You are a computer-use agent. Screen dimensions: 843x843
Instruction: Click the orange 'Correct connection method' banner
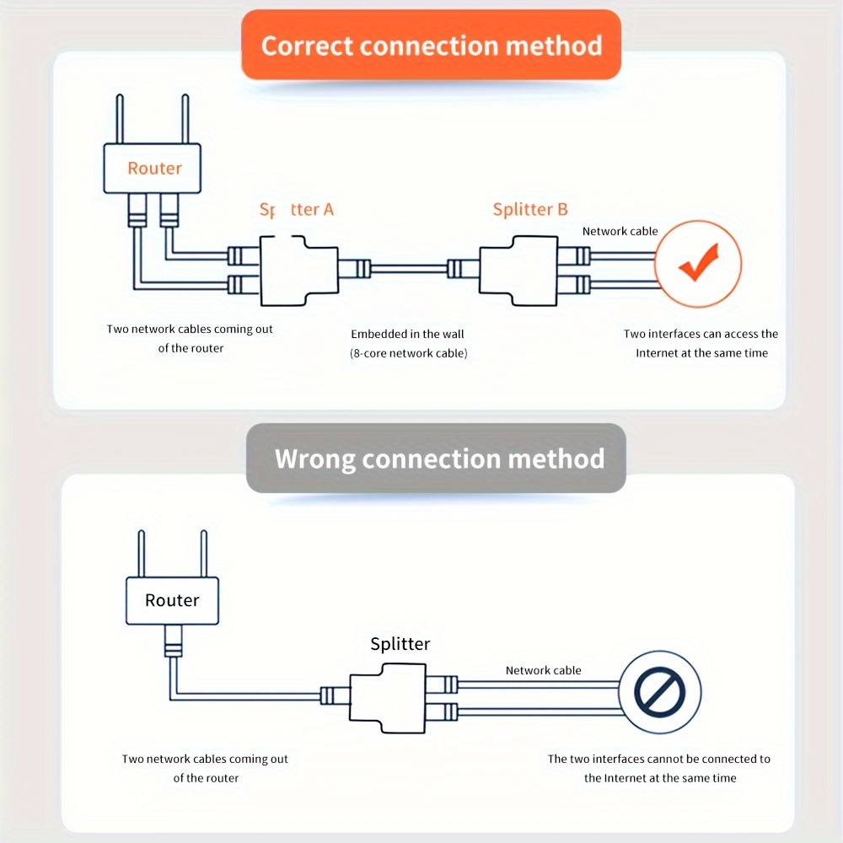(432, 46)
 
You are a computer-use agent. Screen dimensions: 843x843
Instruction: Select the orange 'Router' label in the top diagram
(154, 169)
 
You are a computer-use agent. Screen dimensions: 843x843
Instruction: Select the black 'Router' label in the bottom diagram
(172, 600)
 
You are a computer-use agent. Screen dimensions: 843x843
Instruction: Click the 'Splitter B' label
(530, 209)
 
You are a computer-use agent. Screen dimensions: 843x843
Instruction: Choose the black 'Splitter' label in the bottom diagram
(400, 644)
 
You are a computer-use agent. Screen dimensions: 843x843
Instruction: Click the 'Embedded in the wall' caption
(407, 335)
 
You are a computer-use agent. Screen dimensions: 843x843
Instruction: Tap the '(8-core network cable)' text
(408, 353)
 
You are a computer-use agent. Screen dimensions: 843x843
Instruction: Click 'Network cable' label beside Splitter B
(620, 231)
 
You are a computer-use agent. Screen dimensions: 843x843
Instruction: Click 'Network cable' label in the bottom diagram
(543, 670)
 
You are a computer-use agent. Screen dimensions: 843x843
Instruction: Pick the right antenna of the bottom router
(202, 554)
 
